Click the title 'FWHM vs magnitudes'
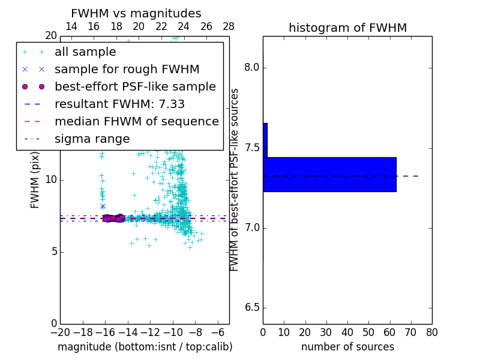coord(136,13)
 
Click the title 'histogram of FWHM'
coord(347,28)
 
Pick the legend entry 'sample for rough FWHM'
coord(127,70)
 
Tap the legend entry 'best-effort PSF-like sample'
coord(135,87)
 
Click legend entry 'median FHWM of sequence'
coord(136,122)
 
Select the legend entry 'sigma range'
coord(92,139)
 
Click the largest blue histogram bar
coord(329,175)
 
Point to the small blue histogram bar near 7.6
coord(265,140)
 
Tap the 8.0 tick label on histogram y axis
coord(252,68)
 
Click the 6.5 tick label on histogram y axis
coord(252,308)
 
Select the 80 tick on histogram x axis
coord(431,332)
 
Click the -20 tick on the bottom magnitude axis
coord(60,332)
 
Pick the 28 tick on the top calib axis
coord(229,27)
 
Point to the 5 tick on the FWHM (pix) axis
coord(53,251)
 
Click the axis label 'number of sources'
coord(347,347)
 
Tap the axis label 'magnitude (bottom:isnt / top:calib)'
coord(145,347)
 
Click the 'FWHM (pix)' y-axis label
coord(35,180)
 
